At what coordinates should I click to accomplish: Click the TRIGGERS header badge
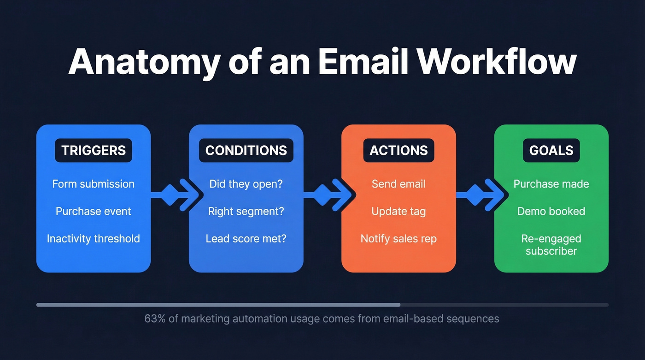pyautogui.click(x=94, y=150)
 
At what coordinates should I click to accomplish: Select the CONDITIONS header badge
pyautogui.click(x=246, y=150)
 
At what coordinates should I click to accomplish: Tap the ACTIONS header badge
pyautogui.click(x=399, y=150)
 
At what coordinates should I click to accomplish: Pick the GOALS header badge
pyautogui.click(x=551, y=150)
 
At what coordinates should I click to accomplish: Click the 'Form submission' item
pyautogui.click(x=94, y=184)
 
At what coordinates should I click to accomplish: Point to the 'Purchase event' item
pyautogui.click(x=94, y=211)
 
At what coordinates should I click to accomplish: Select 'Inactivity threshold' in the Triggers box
pyautogui.click(x=94, y=239)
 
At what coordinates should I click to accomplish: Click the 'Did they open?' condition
pyautogui.click(x=246, y=184)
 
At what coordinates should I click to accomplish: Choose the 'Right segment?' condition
pyautogui.click(x=246, y=211)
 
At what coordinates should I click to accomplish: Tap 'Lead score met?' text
pyautogui.click(x=246, y=239)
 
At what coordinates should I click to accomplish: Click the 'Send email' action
pyautogui.click(x=399, y=184)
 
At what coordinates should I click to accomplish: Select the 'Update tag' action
pyautogui.click(x=399, y=211)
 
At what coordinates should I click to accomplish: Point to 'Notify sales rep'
pyautogui.click(x=399, y=239)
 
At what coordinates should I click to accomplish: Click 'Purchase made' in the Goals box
pyautogui.click(x=551, y=184)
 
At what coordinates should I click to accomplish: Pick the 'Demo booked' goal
pyautogui.click(x=551, y=211)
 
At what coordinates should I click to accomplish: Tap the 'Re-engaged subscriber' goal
pyautogui.click(x=551, y=245)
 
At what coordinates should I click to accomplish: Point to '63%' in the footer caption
pyautogui.click(x=154, y=319)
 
